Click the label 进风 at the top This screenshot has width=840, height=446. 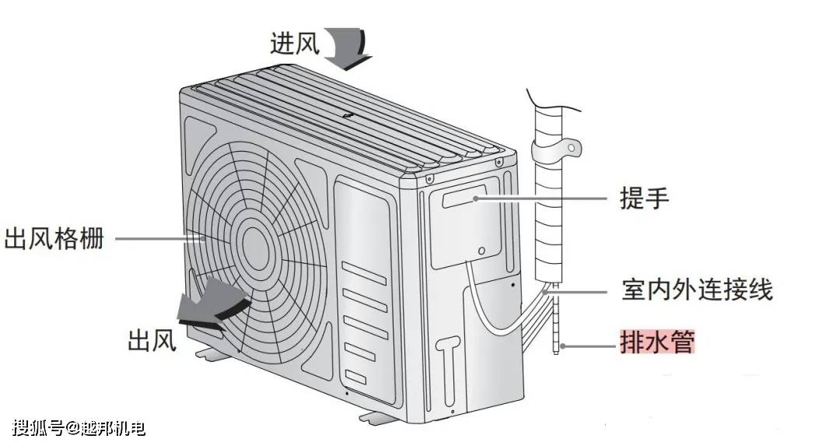click(295, 43)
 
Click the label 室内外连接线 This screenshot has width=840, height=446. click(696, 292)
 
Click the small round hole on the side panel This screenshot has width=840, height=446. click(483, 251)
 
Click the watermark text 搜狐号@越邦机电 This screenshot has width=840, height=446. click(79, 427)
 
